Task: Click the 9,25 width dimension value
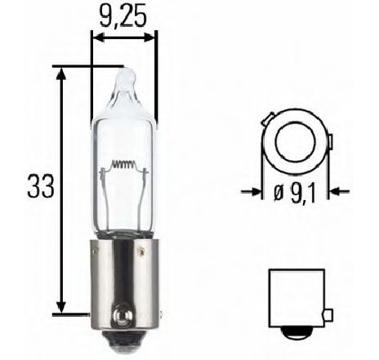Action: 123,17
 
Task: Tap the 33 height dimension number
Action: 41,186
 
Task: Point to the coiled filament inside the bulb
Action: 124,164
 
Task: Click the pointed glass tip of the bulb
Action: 125,75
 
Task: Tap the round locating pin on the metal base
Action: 123,315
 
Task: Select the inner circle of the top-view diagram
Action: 296,140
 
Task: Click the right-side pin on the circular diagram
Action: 331,142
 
